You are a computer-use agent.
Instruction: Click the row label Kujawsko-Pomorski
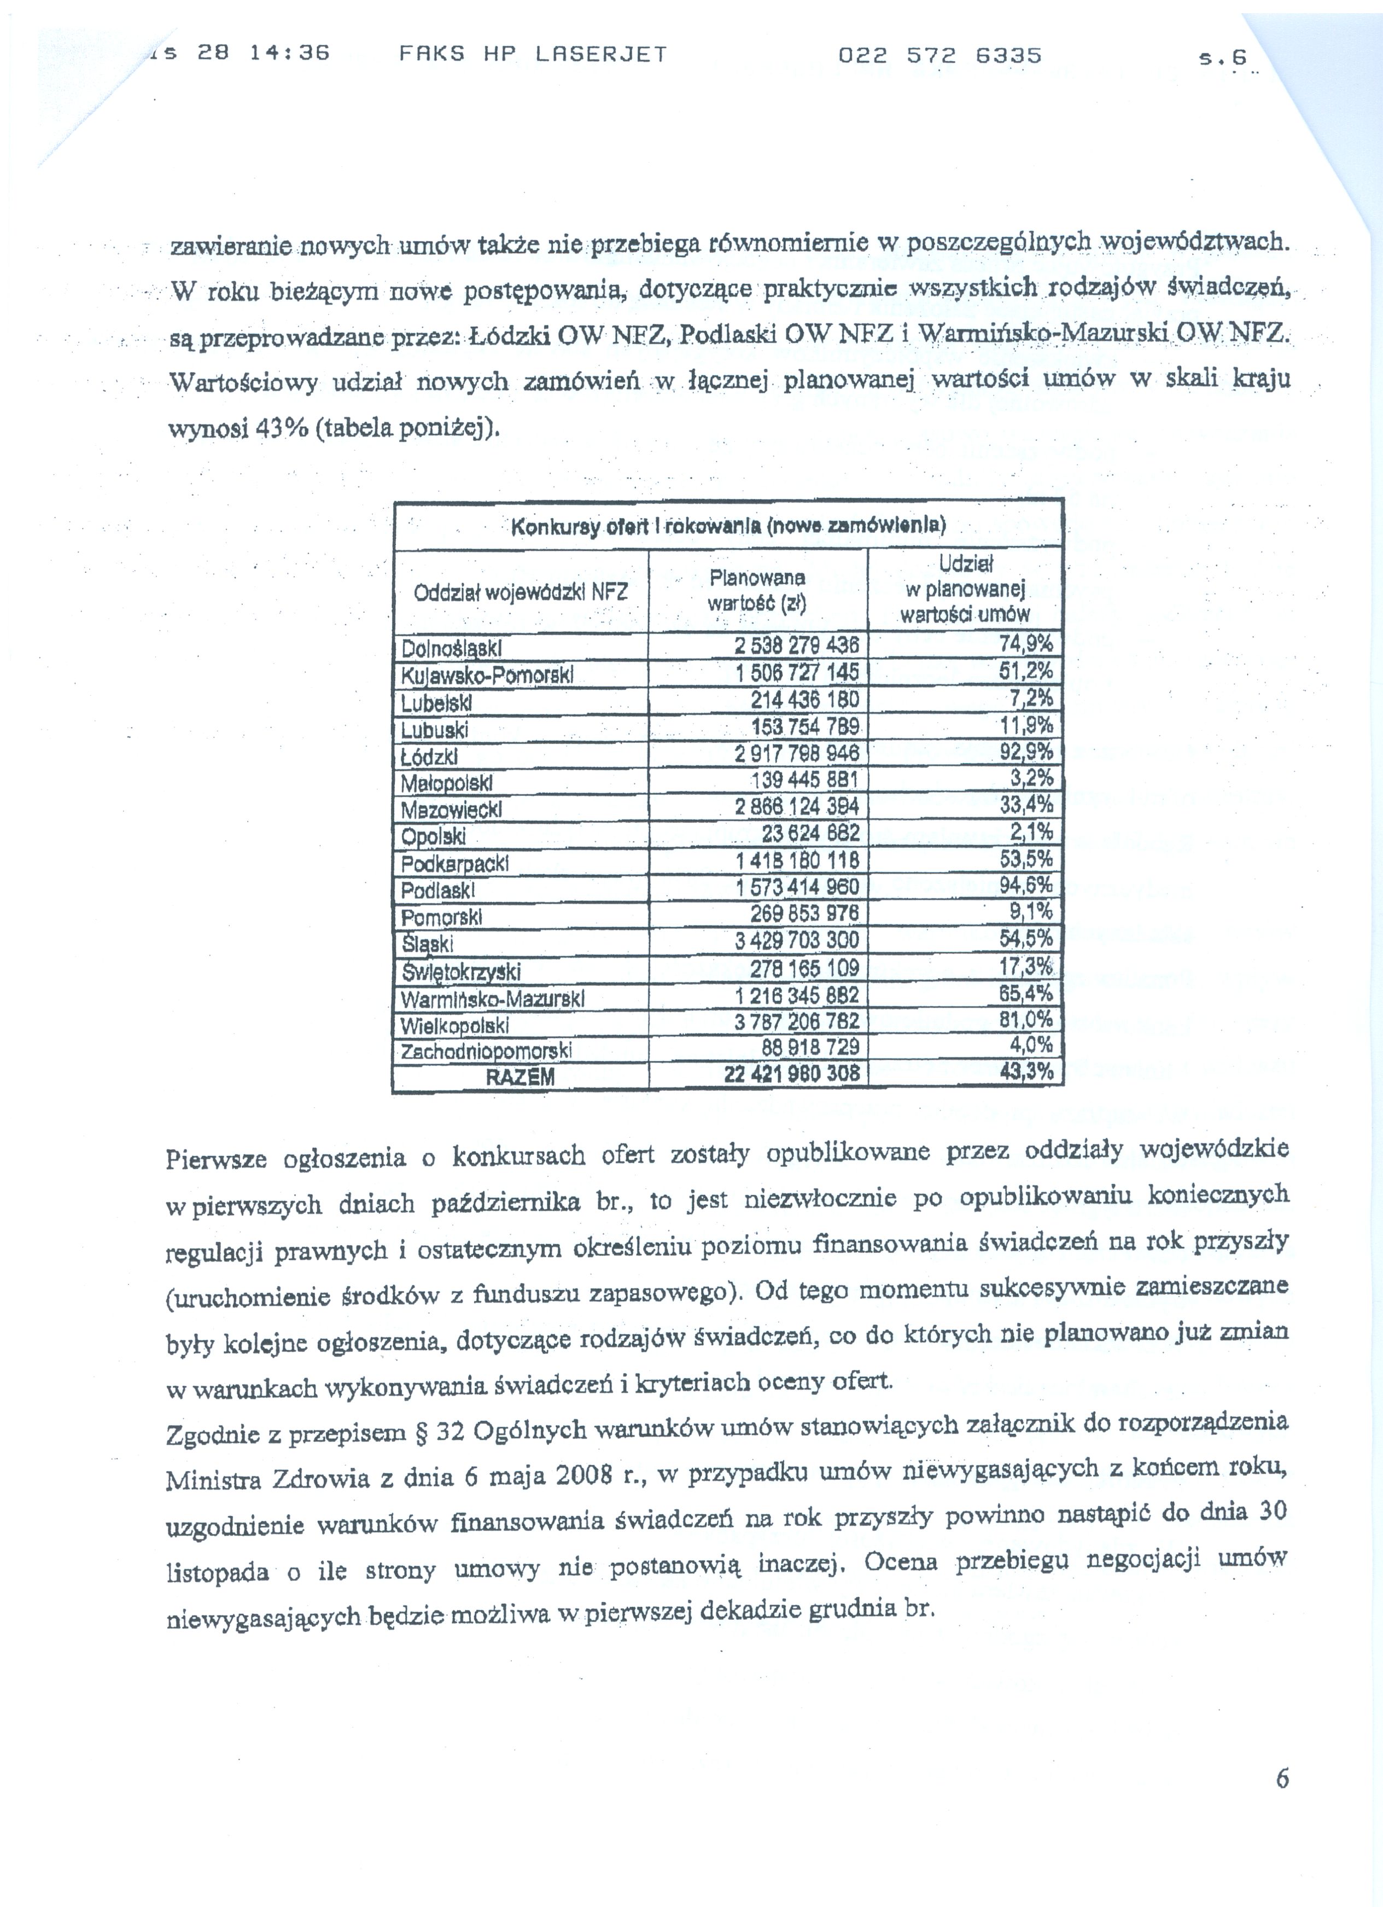[487, 675]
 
